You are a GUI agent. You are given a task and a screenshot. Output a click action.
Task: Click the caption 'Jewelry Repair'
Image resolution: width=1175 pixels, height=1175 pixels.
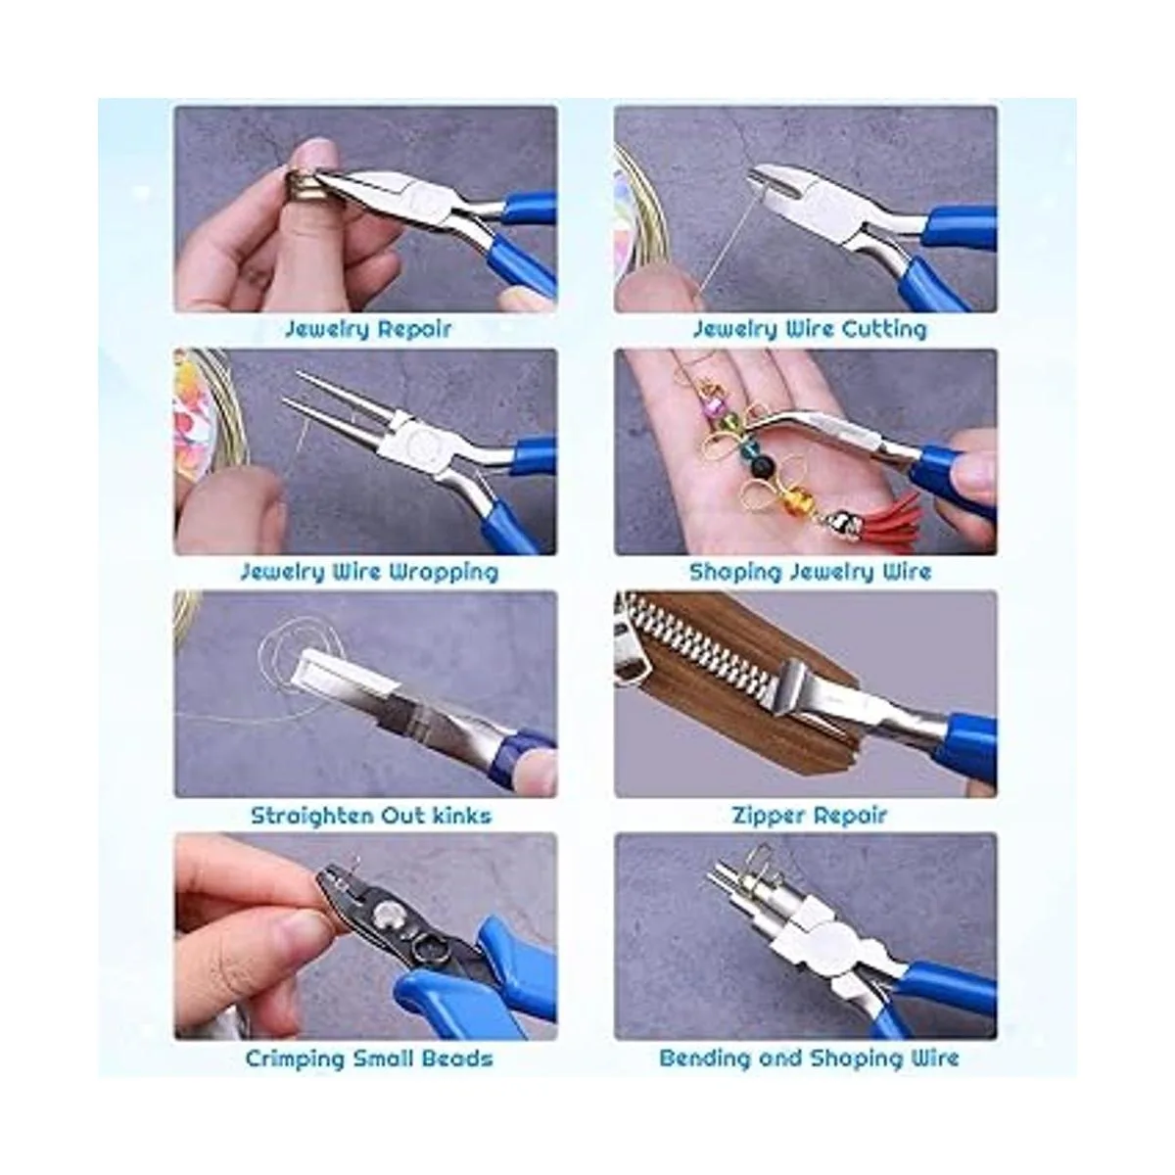point(368,330)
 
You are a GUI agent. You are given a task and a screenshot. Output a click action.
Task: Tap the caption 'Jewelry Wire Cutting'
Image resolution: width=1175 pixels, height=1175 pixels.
point(809,330)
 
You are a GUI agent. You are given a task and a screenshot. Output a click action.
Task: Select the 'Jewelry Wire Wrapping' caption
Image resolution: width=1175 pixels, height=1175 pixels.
point(369,573)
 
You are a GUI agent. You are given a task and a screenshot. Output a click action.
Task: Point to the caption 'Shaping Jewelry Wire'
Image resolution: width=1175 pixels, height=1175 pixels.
point(810,573)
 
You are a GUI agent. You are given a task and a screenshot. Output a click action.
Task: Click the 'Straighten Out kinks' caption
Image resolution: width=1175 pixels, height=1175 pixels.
point(371,816)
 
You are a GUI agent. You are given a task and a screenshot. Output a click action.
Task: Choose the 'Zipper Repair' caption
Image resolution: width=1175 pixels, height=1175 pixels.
point(809,816)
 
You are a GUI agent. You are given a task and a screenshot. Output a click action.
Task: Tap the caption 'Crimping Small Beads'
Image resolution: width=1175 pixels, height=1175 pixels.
point(369,1058)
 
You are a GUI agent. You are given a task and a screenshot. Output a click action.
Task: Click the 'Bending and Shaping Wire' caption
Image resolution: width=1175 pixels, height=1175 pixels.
point(809,1057)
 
